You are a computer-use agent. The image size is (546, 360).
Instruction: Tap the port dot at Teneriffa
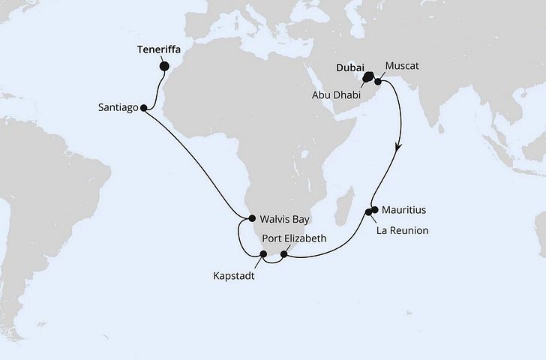coord(164,66)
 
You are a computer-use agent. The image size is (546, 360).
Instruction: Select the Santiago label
coord(118,108)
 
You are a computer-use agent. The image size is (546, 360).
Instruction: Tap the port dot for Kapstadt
coord(262,254)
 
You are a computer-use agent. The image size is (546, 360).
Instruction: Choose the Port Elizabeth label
coord(295,238)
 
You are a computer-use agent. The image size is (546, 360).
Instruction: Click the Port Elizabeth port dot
coord(283,254)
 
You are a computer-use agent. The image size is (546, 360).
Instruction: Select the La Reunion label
coord(403,230)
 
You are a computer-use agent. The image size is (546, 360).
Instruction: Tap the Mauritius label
coord(405,210)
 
